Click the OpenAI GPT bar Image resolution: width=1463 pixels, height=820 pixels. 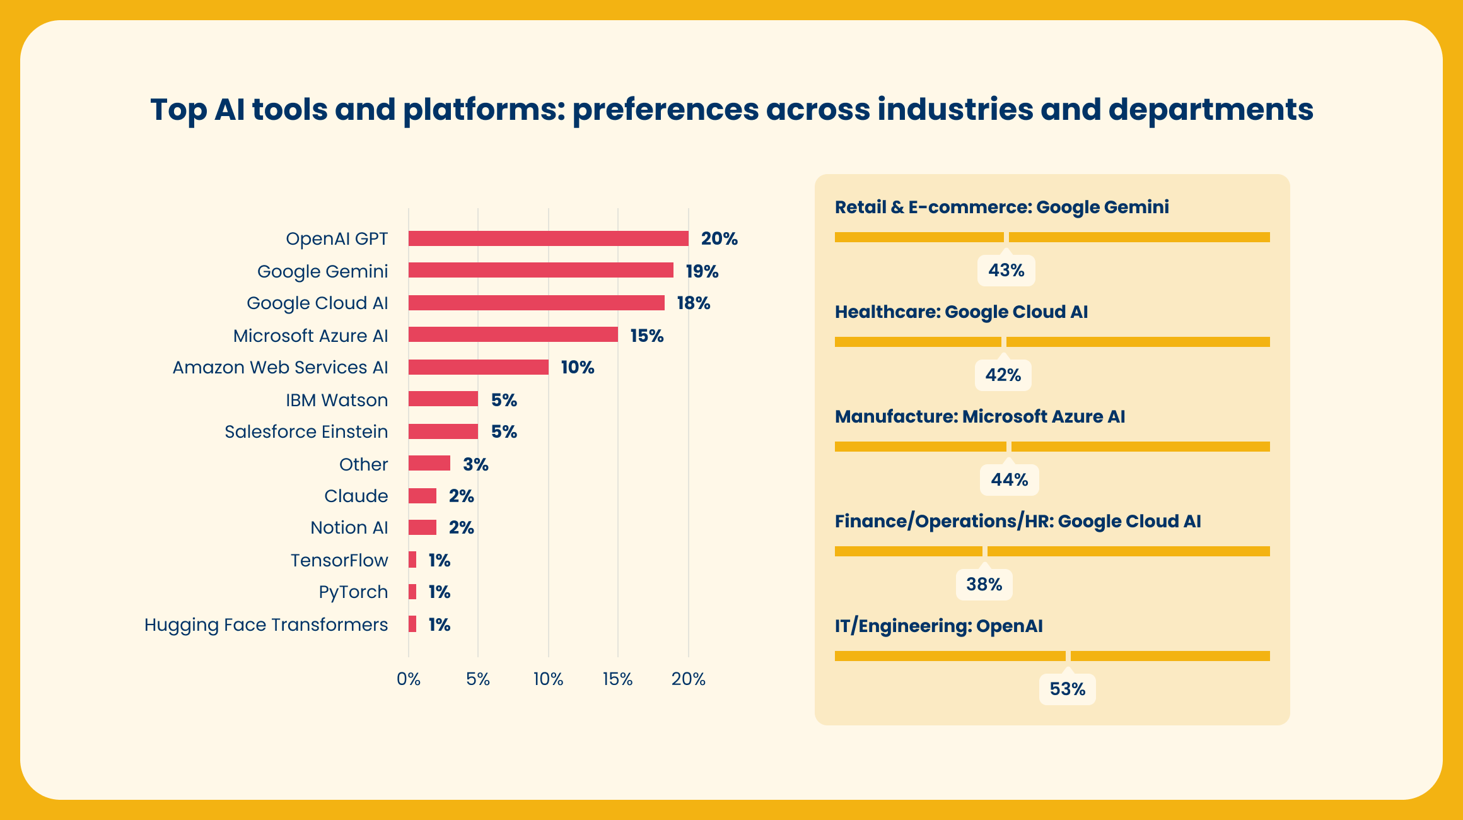(x=548, y=238)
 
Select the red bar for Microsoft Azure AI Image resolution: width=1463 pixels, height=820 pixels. (x=513, y=335)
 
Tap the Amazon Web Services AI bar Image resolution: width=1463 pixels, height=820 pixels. (x=478, y=367)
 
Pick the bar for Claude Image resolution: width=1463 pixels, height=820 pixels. (x=422, y=496)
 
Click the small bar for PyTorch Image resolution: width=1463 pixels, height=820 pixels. (x=412, y=592)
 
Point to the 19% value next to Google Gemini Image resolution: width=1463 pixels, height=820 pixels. (x=702, y=271)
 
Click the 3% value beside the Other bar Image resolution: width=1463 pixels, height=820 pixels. (x=475, y=464)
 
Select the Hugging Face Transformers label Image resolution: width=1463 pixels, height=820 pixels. (x=266, y=624)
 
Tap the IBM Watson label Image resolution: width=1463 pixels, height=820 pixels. (x=337, y=400)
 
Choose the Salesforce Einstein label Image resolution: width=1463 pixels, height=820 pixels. (x=306, y=431)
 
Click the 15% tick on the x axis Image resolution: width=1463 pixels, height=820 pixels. (x=617, y=679)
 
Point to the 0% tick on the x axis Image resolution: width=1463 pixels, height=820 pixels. (x=409, y=679)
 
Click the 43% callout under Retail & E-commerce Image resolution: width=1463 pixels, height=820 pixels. (x=1006, y=271)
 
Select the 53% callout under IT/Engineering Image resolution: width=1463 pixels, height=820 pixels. (x=1067, y=689)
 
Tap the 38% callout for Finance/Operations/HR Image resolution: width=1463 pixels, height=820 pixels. (x=984, y=584)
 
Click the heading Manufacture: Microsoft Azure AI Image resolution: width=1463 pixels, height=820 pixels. (x=979, y=416)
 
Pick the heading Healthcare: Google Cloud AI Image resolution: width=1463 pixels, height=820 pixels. (x=961, y=312)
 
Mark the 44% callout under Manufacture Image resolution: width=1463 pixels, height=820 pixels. (x=1009, y=479)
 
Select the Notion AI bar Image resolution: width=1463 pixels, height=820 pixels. (x=422, y=527)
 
